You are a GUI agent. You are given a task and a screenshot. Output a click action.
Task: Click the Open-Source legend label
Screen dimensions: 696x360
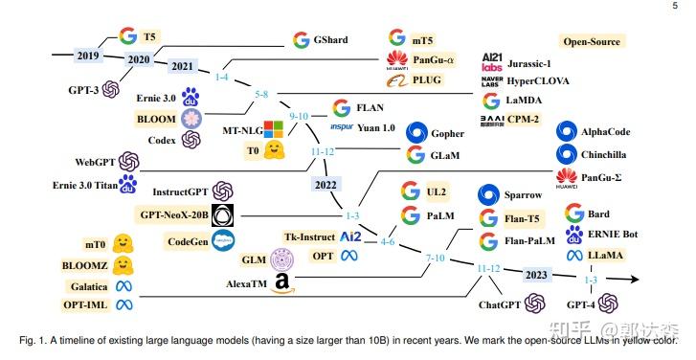591,41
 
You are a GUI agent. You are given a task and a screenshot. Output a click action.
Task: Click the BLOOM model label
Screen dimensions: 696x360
155,118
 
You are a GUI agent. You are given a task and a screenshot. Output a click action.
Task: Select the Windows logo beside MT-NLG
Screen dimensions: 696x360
274,128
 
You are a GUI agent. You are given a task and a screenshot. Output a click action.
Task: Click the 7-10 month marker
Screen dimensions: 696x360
436,259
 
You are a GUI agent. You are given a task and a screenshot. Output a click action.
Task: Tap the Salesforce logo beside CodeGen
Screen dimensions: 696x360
224,240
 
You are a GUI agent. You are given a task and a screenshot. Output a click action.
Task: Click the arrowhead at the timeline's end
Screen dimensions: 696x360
633,279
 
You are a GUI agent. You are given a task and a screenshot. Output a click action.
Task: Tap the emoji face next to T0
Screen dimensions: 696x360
275,150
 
